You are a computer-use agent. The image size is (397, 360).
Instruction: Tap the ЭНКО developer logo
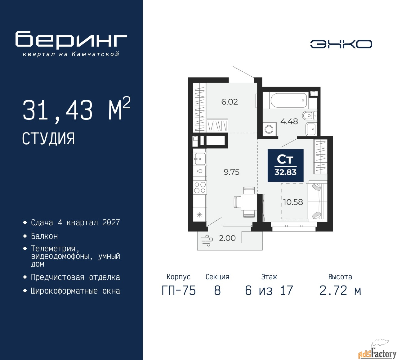(x=341, y=44)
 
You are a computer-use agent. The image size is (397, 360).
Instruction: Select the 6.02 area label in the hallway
(x=230, y=102)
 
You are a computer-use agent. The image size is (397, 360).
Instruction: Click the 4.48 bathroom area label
(x=289, y=121)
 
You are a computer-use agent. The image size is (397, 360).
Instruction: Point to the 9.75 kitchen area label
(x=232, y=172)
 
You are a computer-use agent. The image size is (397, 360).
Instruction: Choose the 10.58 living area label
(x=293, y=202)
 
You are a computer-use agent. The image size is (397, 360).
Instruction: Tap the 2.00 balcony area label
(x=227, y=238)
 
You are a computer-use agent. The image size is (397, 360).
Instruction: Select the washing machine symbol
(x=269, y=129)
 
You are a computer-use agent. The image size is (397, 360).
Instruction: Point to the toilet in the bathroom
(x=310, y=115)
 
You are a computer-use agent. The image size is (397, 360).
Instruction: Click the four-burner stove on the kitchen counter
(x=200, y=187)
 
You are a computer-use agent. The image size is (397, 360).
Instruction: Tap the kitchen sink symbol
(x=200, y=159)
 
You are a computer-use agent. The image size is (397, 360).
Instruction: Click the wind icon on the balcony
(x=207, y=240)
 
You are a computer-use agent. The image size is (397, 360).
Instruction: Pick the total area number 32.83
(x=285, y=172)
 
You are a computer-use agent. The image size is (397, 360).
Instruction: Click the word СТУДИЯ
(x=48, y=138)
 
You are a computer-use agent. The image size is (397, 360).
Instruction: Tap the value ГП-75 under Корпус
(x=179, y=290)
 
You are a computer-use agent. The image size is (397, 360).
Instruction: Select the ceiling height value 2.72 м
(x=340, y=290)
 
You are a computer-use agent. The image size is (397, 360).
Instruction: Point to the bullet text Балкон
(x=44, y=236)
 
